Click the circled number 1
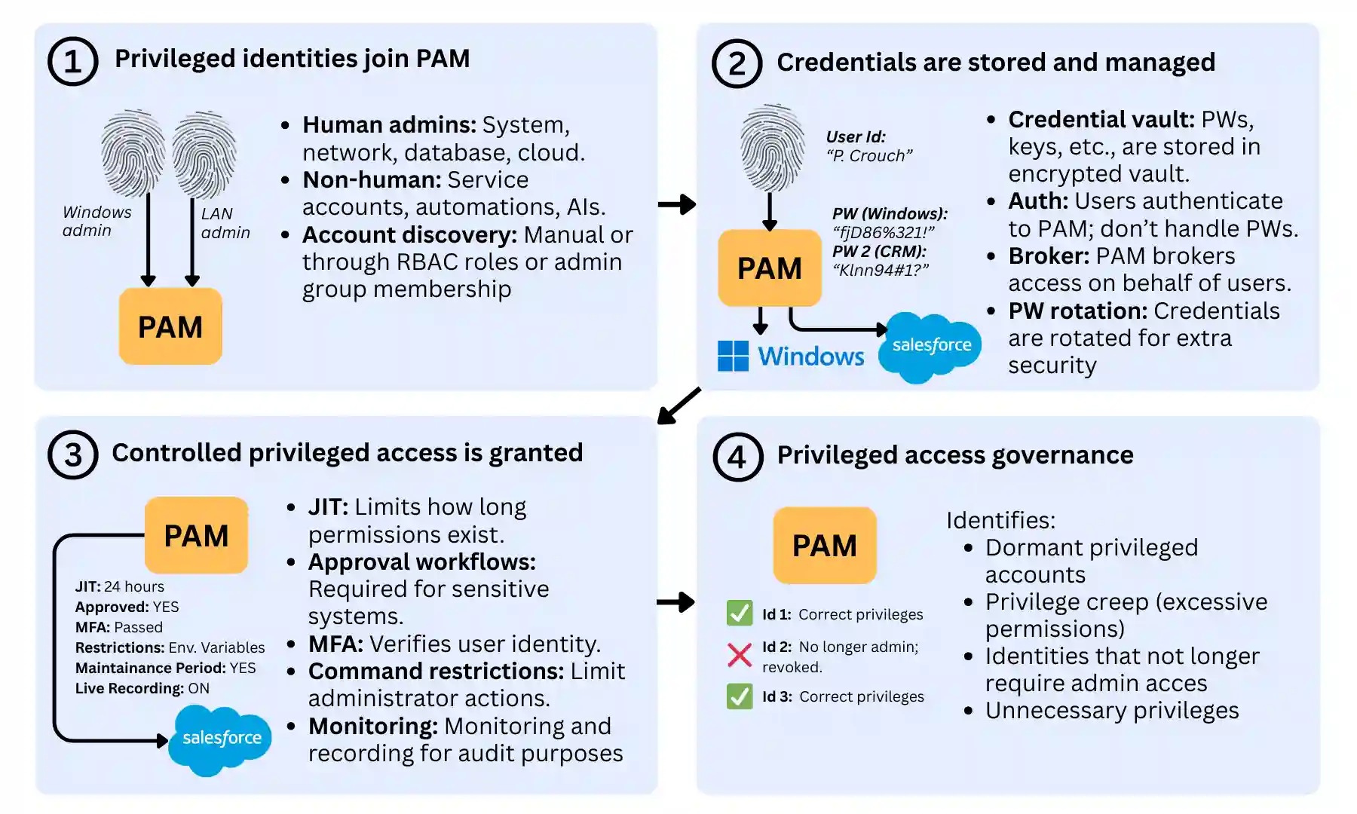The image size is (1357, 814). click(72, 61)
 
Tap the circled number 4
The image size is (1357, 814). click(737, 457)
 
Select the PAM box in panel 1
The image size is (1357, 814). click(170, 326)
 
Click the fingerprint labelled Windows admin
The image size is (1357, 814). click(133, 152)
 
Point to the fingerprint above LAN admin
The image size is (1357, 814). click(204, 154)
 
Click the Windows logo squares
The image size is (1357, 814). click(733, 356)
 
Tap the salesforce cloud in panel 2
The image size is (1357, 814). click(931, 346)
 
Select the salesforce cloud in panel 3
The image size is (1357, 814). click(220, 739)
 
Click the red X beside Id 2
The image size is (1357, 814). click(739, 654)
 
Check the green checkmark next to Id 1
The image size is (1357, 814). click(739, 614)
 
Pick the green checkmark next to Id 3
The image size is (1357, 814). click(739, 696)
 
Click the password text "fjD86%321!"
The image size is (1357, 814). click(883, 232)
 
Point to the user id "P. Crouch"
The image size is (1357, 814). click(869, 156)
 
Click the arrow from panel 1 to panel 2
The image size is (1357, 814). click(676, 204)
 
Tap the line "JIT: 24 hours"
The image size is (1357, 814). click(119, 586)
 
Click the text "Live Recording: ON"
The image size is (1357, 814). click(142, 688)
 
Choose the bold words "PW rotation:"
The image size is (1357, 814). click(1077, 311)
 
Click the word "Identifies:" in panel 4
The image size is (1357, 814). click(1000, 520)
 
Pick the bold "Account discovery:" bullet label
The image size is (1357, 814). click(409, 235)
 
